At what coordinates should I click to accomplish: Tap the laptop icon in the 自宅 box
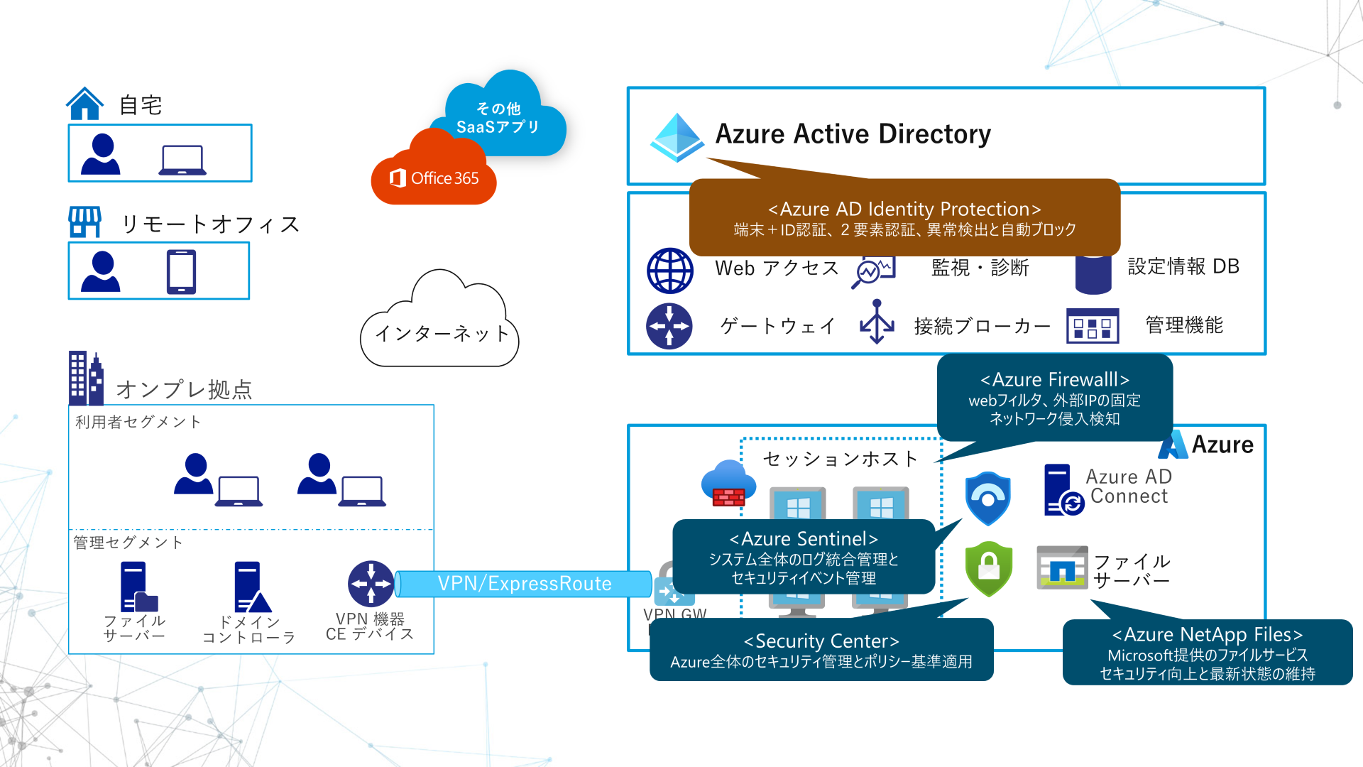[182, 160]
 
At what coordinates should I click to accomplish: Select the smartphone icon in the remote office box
[181, 271]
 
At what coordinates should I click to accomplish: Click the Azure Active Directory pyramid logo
[677, 136]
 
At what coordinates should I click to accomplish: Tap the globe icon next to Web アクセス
[669, 271]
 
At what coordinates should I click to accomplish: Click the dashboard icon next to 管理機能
[1093, 327]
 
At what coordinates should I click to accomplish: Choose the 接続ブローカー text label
[982, 326]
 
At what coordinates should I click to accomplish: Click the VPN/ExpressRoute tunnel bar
[524, 584]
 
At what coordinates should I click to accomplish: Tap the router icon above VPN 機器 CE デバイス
[371, 584]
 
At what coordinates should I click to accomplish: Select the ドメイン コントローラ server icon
[251, 587]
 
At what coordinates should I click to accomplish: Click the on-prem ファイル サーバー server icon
[137, 587]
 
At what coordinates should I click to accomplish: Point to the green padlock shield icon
[988, 568]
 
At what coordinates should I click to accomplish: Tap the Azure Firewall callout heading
[1054, 380]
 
